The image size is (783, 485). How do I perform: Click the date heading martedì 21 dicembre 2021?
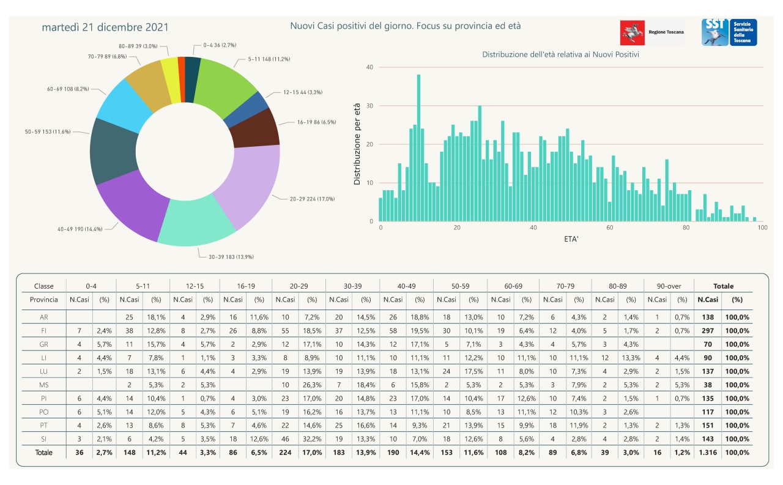[x=105, y=28]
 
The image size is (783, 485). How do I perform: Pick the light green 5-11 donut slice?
[x=224, y=86]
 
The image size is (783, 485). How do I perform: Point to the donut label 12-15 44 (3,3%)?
[x=302, y=92]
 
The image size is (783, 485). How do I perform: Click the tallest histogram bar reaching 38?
[x=418, y=147]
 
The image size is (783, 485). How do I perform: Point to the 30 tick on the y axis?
[x=369, y=106]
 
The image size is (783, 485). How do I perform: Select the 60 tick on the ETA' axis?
[x=610, y=228]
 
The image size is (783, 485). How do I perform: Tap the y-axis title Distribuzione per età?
[x=357, y=144]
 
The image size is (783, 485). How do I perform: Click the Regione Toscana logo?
[x=652, y=32]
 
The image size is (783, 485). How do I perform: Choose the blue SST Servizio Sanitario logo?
[x=729, y=32]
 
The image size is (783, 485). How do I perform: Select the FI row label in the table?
[x=44, y=330]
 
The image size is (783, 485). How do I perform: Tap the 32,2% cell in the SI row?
[x=312, y=439]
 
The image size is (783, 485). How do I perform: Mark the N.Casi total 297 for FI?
[x=707, y=330]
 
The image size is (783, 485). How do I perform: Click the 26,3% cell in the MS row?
[x=312, y=385]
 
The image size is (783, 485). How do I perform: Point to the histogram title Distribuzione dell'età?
[x=561, y=54]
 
